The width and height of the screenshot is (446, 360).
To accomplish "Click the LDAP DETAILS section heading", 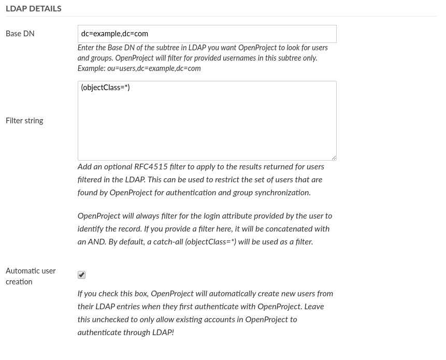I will (34, 8).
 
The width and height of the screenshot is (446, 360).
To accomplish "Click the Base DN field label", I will (20, 34).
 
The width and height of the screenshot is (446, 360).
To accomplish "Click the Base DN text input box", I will (207, 34).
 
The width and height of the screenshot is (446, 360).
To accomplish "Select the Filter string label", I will (24, 121).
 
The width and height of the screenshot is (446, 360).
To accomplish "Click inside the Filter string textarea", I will (207, 124).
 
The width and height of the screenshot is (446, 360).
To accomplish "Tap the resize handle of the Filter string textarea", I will (333, 157).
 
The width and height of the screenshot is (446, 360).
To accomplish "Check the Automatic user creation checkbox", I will (81, 275).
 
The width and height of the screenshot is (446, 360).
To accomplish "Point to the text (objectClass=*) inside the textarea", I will (105, 88).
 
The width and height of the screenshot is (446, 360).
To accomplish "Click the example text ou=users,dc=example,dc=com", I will (154, 68).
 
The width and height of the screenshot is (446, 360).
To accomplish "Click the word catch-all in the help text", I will (165, 242).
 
